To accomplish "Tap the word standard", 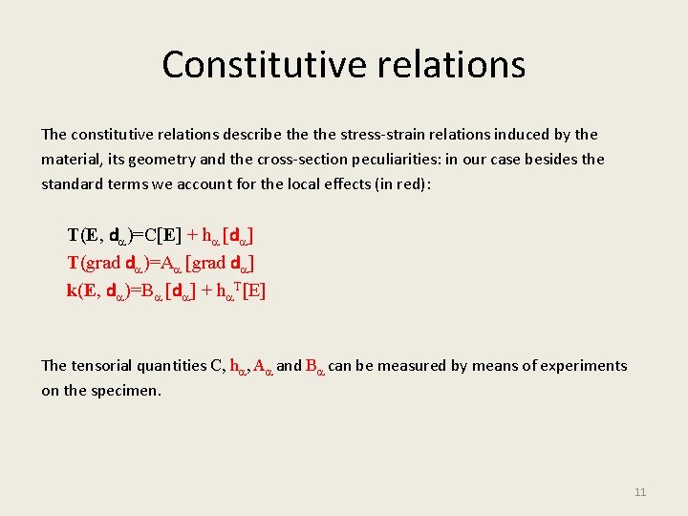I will click(71, 183).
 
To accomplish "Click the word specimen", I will click(129, 391).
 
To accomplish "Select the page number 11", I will click(640, 492).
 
